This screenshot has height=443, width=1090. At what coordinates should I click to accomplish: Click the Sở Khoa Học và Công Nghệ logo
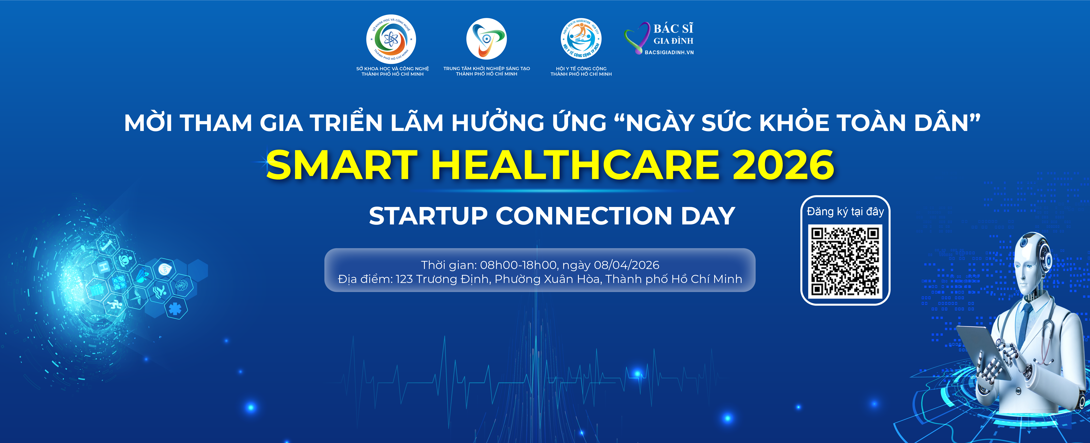coord(391,39)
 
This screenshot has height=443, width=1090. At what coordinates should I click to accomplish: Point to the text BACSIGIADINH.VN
coord(669,52)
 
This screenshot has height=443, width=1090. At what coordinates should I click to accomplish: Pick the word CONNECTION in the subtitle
coord(584,216)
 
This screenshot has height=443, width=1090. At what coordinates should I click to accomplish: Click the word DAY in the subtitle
coord(707,216)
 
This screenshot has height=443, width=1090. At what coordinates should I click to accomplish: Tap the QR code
coord(845,261)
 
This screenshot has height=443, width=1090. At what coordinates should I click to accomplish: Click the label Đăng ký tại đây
coord(845,211)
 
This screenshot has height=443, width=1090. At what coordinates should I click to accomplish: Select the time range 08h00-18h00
coord(518,265)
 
